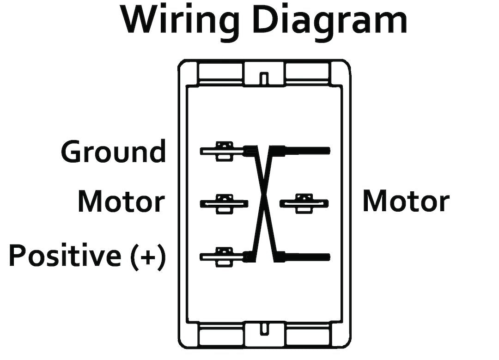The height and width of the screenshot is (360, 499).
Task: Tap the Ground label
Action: [113, 152]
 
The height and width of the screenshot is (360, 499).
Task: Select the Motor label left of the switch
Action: [121, 202]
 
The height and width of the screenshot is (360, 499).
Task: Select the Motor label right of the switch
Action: [406, 202]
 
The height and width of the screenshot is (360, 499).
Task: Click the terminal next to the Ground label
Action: [222, 151]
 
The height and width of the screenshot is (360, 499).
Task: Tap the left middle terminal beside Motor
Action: [224, 203]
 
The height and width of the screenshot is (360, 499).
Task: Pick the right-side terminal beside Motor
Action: [304, 203]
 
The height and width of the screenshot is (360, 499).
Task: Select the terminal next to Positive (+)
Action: [222, 255]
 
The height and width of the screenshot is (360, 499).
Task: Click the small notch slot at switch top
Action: [264, 77]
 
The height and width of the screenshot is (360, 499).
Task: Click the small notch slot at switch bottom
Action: [264, 330]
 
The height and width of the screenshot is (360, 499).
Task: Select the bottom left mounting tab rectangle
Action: [220, 334]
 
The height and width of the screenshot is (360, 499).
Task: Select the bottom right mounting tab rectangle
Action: [307, 334]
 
